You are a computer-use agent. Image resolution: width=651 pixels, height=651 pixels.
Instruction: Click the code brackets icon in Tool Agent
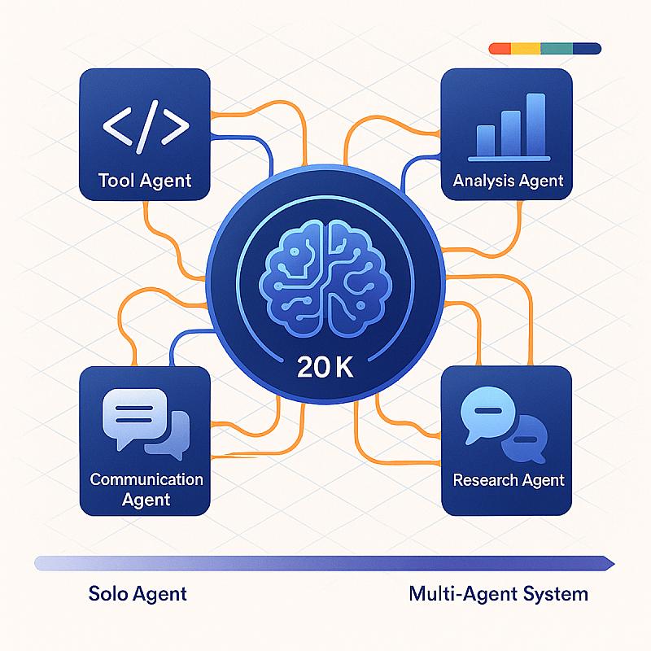point(146,126)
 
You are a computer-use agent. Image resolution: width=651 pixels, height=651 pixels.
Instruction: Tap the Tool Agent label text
point(145,181)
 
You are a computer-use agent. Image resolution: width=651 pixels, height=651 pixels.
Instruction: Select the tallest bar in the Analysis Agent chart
point(535,125)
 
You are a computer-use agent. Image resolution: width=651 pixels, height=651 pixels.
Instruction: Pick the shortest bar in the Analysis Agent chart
point(485,141)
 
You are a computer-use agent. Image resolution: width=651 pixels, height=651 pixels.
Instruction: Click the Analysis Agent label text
point(508,181)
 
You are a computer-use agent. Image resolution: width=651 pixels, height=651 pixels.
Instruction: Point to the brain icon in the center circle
point(325,278)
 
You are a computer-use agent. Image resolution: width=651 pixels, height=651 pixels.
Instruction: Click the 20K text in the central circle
point(325,367)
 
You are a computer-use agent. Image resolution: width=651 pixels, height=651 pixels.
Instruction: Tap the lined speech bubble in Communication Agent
point(134,418)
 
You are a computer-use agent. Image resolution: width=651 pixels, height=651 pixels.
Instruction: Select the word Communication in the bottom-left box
point(146,479)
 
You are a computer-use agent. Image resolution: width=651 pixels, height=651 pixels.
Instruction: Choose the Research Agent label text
point(508,480)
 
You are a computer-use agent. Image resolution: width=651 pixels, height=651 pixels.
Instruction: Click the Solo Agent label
point(138,594)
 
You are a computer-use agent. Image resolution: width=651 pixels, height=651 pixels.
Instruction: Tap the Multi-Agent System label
point(498,594)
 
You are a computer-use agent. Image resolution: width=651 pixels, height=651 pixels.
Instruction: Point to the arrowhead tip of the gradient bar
point(615,564)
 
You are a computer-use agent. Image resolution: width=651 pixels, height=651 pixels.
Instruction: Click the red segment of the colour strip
point(500,49)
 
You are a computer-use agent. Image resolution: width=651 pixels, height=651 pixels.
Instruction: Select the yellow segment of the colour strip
point(526,49)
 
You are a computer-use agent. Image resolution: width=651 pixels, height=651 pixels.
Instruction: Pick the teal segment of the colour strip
point(557,49)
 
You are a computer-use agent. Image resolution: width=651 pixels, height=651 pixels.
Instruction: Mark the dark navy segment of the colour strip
point(587,49)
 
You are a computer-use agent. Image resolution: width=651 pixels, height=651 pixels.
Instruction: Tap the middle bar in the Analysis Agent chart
point(511,133)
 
